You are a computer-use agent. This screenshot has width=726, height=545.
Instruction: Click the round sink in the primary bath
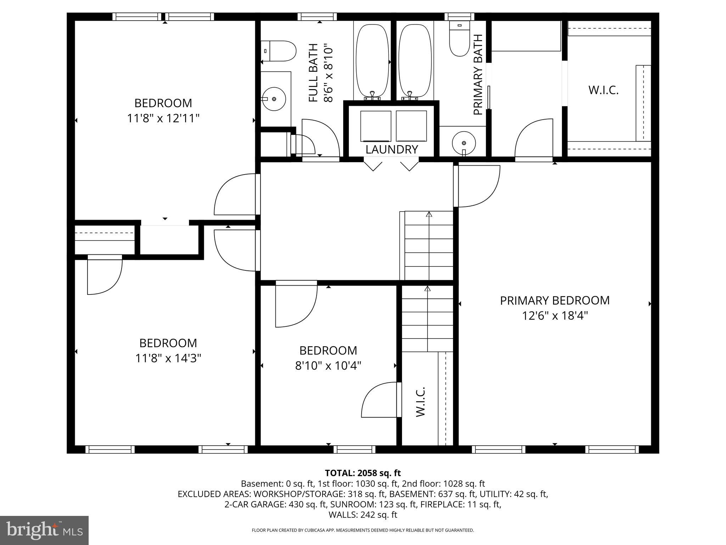(x=464, y=143)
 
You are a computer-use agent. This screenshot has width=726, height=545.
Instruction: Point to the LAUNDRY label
(x=391, y=150)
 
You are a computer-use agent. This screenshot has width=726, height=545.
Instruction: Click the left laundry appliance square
(x=376, y=126)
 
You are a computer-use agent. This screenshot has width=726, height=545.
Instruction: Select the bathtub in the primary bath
(x=415, y=61)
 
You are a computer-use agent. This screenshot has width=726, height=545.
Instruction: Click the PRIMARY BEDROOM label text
(x=554, y=301)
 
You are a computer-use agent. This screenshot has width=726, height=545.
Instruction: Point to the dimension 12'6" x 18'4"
(x=554, y=315)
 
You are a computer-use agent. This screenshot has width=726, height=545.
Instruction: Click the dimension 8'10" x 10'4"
(x=328, y=365)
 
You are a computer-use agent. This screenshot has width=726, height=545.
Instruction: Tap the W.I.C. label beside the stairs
(x=420, y=402)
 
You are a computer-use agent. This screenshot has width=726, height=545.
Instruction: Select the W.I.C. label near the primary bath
(x=603, y=90)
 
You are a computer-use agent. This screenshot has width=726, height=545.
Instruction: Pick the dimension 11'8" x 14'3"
(x=168, y=358)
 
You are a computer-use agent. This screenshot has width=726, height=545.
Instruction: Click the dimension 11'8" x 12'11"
(x=163, y=118)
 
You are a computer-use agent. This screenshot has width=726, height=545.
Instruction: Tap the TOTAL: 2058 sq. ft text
(x=363, y=473)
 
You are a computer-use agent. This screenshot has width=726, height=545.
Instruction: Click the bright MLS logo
(x=44, y=530)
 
